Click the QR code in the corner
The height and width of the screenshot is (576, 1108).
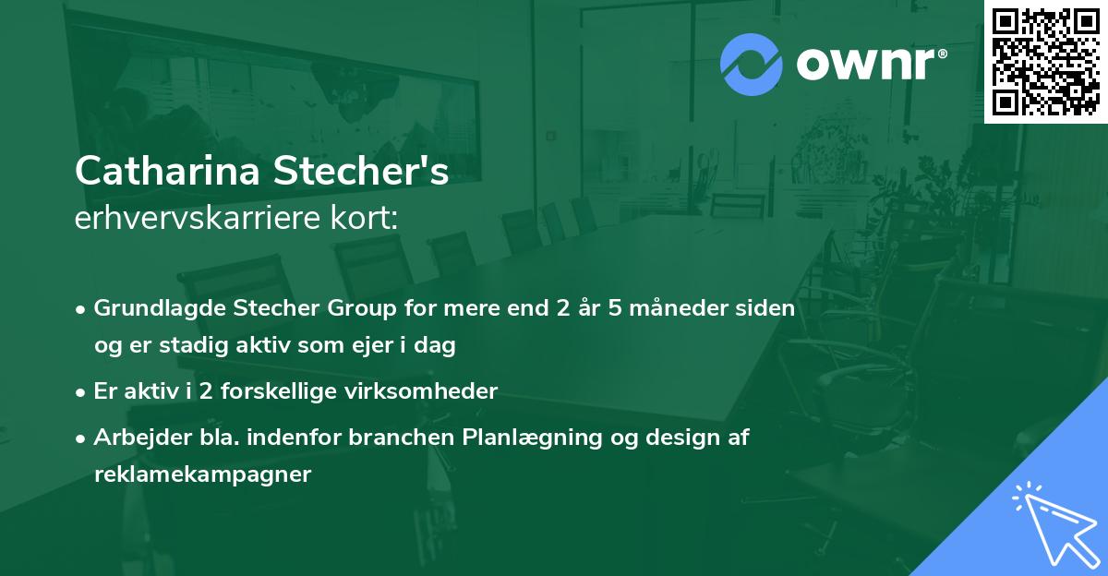coord(1045,62)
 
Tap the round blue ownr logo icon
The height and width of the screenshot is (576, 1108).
coord(751,65)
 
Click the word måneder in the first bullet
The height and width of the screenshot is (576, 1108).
coord(683,308)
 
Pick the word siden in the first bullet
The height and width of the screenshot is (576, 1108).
coord(768,308)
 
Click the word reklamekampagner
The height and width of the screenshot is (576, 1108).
coord(202,475)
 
